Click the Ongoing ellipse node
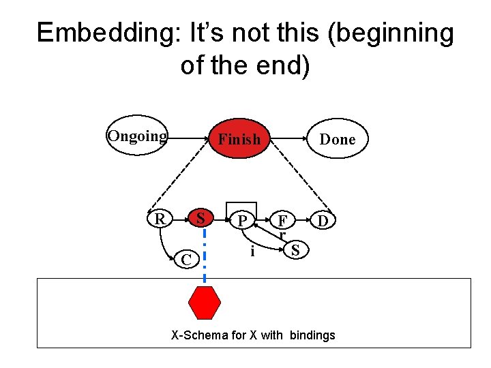point(137,136)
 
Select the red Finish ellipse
point(239,139)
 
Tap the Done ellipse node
point(338,139)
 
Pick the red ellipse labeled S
point(200,219)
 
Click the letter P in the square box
point(241,220)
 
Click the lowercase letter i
point(252,251)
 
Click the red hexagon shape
point(205,303)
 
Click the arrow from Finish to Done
point(288,139)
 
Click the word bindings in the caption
point(312,335)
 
